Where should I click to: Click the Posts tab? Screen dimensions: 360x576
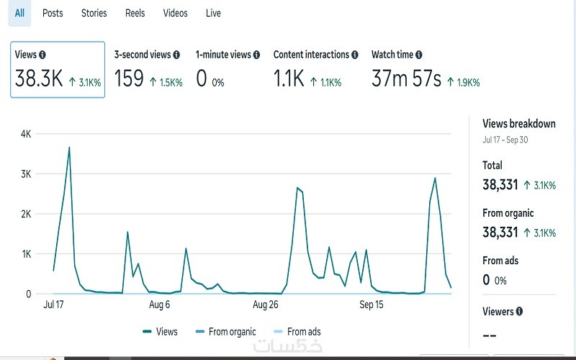point(53,13)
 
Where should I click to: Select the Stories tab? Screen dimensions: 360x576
point(94,13)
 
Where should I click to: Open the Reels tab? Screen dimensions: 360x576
point(135,13)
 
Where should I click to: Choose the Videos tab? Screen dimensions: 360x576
point(175,13)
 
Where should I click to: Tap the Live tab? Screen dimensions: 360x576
point(213,13)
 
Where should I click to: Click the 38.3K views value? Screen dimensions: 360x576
point(39,78)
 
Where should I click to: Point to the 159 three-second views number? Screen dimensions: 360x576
point(129,78)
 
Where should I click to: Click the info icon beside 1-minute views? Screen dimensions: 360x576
point(258,55)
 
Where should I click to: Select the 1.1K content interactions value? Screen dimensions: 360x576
point(289,78)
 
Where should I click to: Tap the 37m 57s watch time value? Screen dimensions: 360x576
point(406,78)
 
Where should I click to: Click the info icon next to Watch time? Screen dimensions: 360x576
point(419,55)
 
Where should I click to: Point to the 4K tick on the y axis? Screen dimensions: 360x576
point(26,134)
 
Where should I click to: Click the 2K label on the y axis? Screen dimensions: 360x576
point(26,214)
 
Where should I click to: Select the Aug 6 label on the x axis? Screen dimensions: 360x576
point(159,305)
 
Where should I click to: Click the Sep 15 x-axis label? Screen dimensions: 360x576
point(372,305)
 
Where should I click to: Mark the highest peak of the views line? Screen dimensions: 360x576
point(69,147)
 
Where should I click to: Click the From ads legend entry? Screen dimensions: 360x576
point(303,332)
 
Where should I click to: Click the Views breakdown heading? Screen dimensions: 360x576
point(518,124)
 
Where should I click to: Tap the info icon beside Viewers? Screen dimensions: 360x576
point(520,312)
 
